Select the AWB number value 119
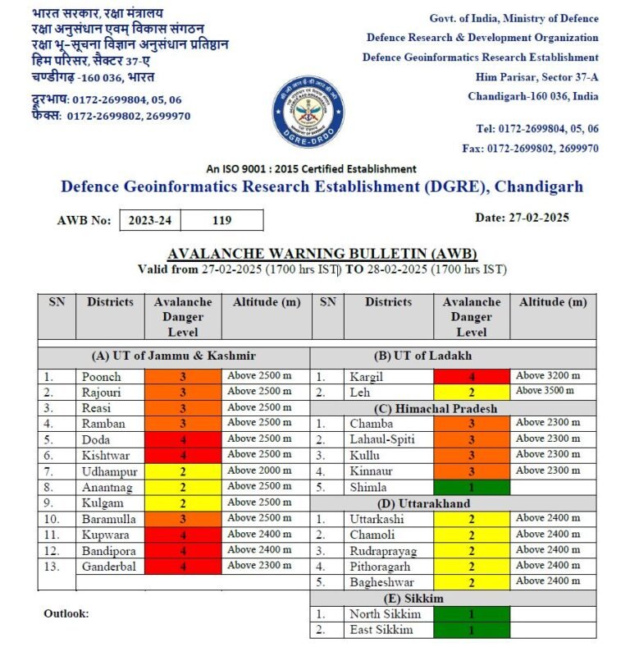(x=221, y=220)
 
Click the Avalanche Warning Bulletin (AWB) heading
(x=322, y=253)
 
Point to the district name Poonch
(x=101, y=376)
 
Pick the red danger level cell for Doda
(x=183, y=439)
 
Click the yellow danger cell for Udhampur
(x=183, y=471)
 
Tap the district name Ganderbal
(x=109, y=567)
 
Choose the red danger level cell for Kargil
(x=471, y=376)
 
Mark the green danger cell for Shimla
(x=471, y=487)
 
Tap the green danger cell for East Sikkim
(x=471, y=630)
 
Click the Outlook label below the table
(x=66, y=613)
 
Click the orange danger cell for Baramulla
(x=183, y=519)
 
